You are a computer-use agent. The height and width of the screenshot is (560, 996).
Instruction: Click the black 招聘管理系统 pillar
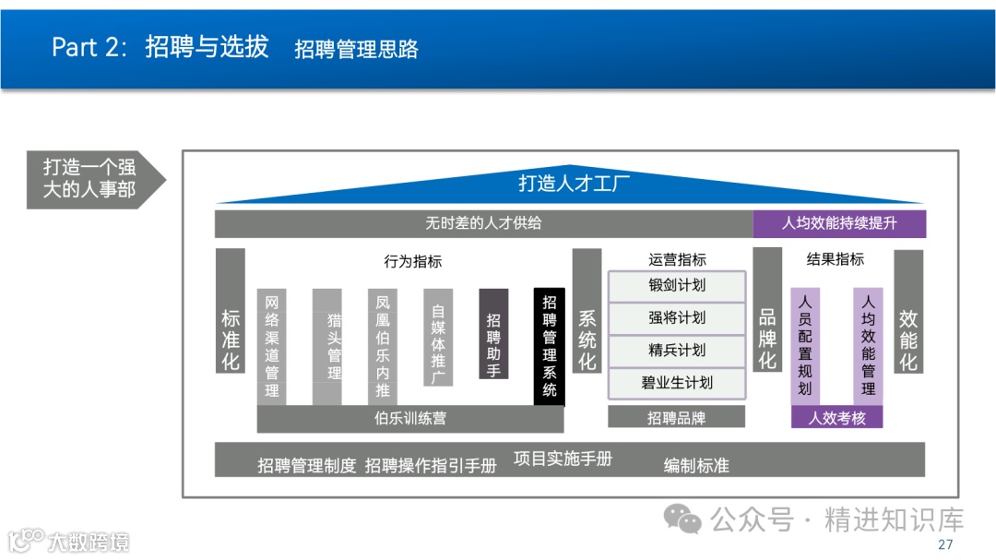(x=550, y=346)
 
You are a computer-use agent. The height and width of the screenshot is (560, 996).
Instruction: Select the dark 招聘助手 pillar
(x=493, y=333)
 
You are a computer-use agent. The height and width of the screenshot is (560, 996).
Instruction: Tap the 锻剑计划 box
(x=676, y=285)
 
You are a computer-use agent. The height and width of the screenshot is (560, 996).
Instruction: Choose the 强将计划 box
(x=676, y=317)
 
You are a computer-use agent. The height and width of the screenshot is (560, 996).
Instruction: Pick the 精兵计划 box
(x=676, y=350)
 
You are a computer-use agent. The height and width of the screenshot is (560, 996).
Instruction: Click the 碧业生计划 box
(x=676, y=382)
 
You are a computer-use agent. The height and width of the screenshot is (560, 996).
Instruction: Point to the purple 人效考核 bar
(x=836, y=417)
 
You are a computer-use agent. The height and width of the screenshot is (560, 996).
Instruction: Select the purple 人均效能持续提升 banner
(x=839, y=223)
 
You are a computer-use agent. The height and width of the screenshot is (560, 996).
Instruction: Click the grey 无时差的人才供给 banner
(x=483, y=223)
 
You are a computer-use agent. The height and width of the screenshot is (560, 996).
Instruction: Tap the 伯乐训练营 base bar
(x=409, y=418)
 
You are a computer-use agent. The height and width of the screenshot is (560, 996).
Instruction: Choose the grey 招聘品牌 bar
(x=676, y=417)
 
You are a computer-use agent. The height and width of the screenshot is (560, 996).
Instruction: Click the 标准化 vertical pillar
(x=231, y=310)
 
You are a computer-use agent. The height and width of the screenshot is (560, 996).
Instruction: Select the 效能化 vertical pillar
(x=908, y=311)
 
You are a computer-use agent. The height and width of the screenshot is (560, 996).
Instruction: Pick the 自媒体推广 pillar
(x=438, y=337)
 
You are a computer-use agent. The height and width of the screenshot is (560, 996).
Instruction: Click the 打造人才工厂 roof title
(x=572, y=183)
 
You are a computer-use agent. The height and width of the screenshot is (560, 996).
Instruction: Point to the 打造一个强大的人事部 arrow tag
(x=92, y=179)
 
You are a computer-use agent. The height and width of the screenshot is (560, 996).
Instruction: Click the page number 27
(x=944, y=544)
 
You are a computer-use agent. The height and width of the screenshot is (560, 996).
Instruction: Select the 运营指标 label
(x=676, y=260)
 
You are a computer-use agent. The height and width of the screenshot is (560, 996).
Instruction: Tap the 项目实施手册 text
(x=563, y=459)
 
